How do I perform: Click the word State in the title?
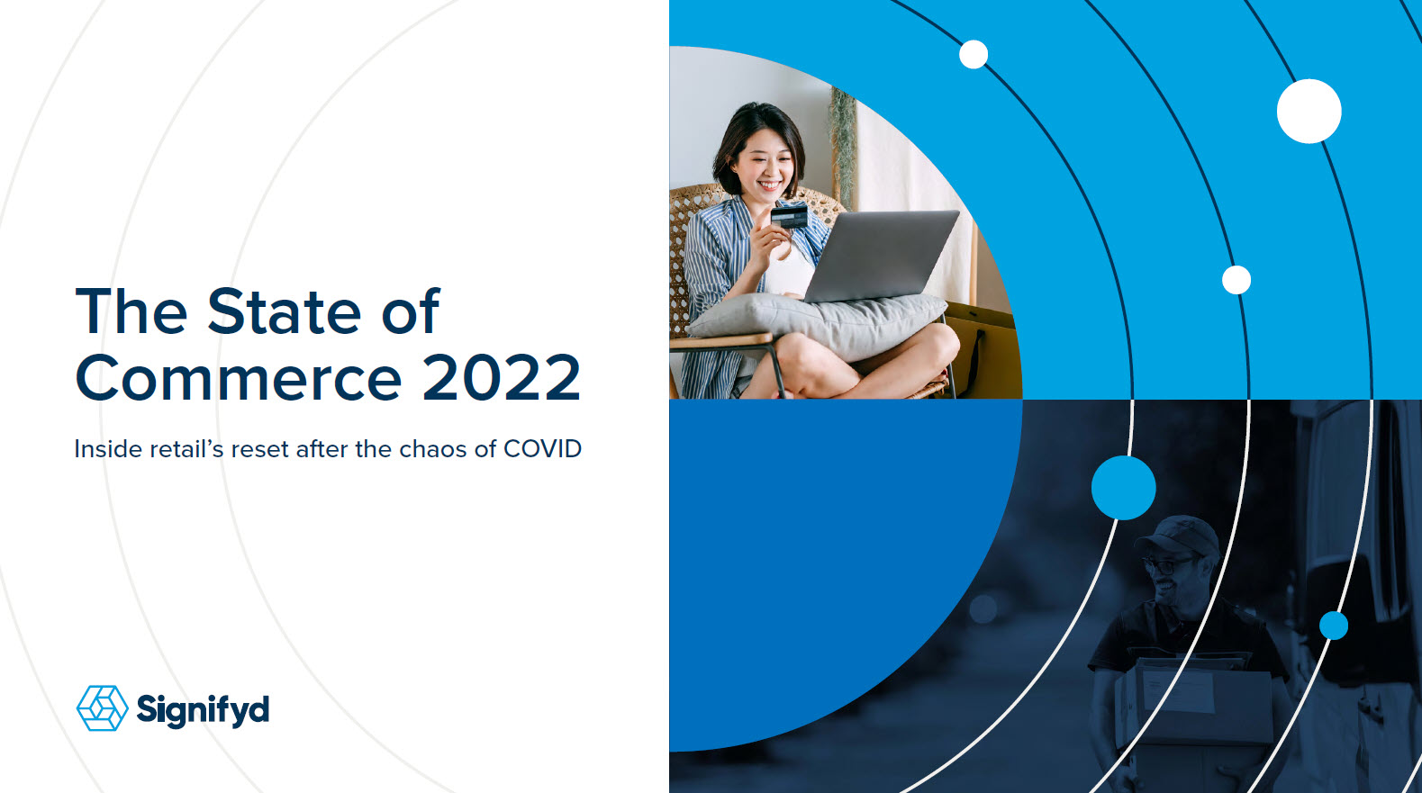coord(285,311)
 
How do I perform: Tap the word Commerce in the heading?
coord(239,377)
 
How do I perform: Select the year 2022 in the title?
coord(502,377)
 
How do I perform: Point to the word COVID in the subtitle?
coord(543,449)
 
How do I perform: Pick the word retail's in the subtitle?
coord(186,449)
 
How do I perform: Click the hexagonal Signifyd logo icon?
coord(102,708)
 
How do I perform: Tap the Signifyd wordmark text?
coord(203,710)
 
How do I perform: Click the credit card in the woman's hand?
coord(789,217)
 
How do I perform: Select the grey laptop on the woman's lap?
coord(880,255)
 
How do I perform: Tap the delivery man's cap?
coord(1178,536)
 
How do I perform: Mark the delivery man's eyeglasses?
coord(1167,564)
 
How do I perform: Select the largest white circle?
coord(1309,111)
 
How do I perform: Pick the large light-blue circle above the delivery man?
coord(1124,488)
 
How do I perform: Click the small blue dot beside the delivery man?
coord(1334,626)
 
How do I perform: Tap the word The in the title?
coord(131,311)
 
